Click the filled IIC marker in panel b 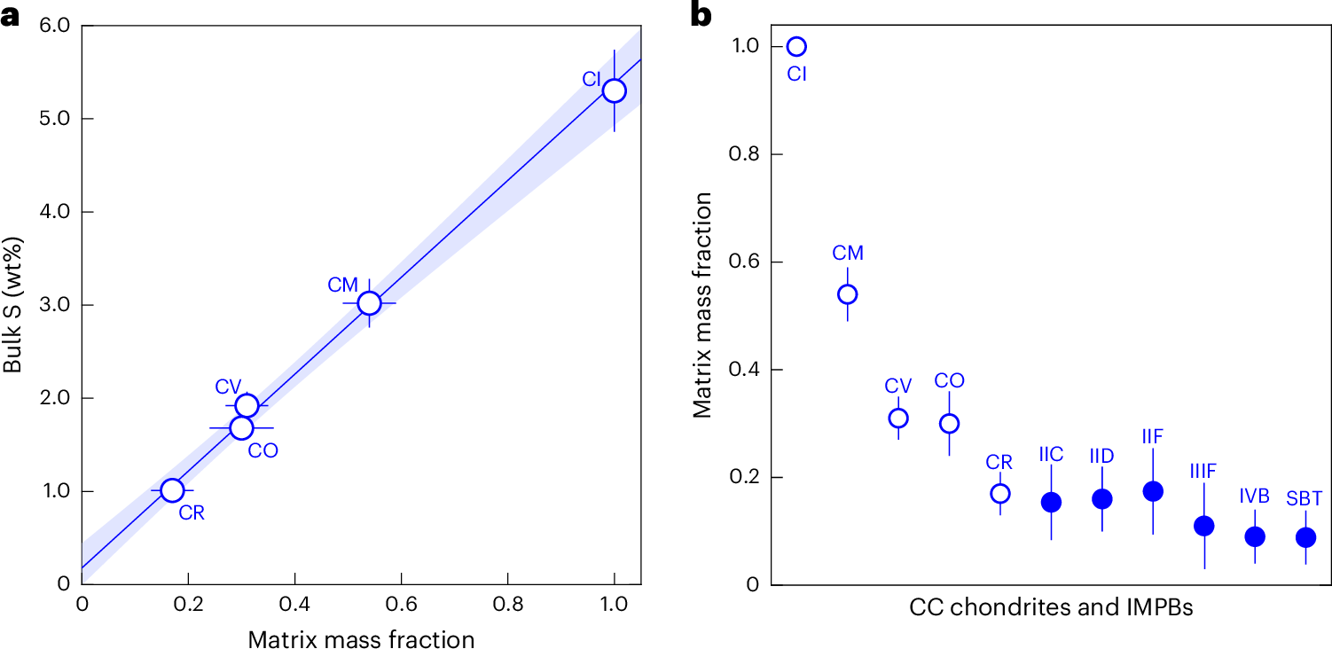(x=1052, y=502)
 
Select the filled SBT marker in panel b (x=1305, y=537)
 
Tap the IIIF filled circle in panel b (x=1204, y=526)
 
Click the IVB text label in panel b (x=1255, y=496)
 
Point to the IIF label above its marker (x=1152, y=437)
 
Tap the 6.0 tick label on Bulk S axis (x=55, y=25)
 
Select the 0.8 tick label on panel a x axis (x=508, y=605)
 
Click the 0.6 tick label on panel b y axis (x=744, y=262)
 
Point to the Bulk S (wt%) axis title (x=12, y=305)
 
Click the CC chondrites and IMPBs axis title (x=1051, y=607)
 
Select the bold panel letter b (x=701, y=14)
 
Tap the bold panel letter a (x=10, y=17)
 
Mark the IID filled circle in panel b (x=1102, y=498)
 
